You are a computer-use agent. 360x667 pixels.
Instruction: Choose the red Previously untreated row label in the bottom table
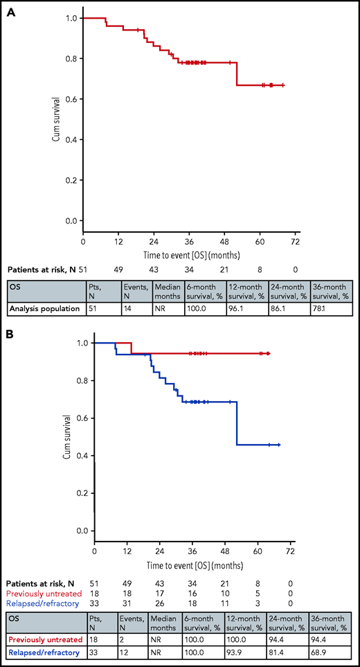click(42, 638)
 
